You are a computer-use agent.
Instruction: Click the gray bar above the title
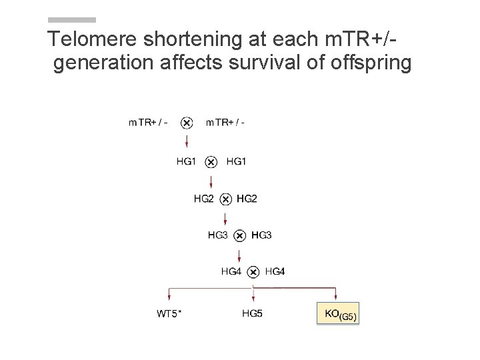pos(72,20)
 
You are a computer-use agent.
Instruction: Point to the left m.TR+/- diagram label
pos(147,122)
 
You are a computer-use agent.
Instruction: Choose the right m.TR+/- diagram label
pos(225,122)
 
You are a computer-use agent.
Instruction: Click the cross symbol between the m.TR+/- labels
pos(187,123)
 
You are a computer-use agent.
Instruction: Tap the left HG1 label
pos(187,161)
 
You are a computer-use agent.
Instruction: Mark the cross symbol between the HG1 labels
pos(211,161)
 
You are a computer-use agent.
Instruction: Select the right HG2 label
pos(247,198)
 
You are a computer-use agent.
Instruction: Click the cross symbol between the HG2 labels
pos(225,199)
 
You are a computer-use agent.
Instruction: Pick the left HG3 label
pos(218,235)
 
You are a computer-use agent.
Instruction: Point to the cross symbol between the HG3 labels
pos(240,235)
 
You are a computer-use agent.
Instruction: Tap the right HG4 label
pos(275,271)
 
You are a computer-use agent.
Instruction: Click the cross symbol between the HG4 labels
pos(253,272)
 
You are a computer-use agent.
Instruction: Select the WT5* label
pos(169,313)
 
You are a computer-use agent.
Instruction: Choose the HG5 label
pos(252,313)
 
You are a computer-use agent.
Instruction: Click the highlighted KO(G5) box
pos(337,314)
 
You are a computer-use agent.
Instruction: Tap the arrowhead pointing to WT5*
pos(169,297)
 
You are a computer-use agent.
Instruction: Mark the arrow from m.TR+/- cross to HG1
pos(187,141)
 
